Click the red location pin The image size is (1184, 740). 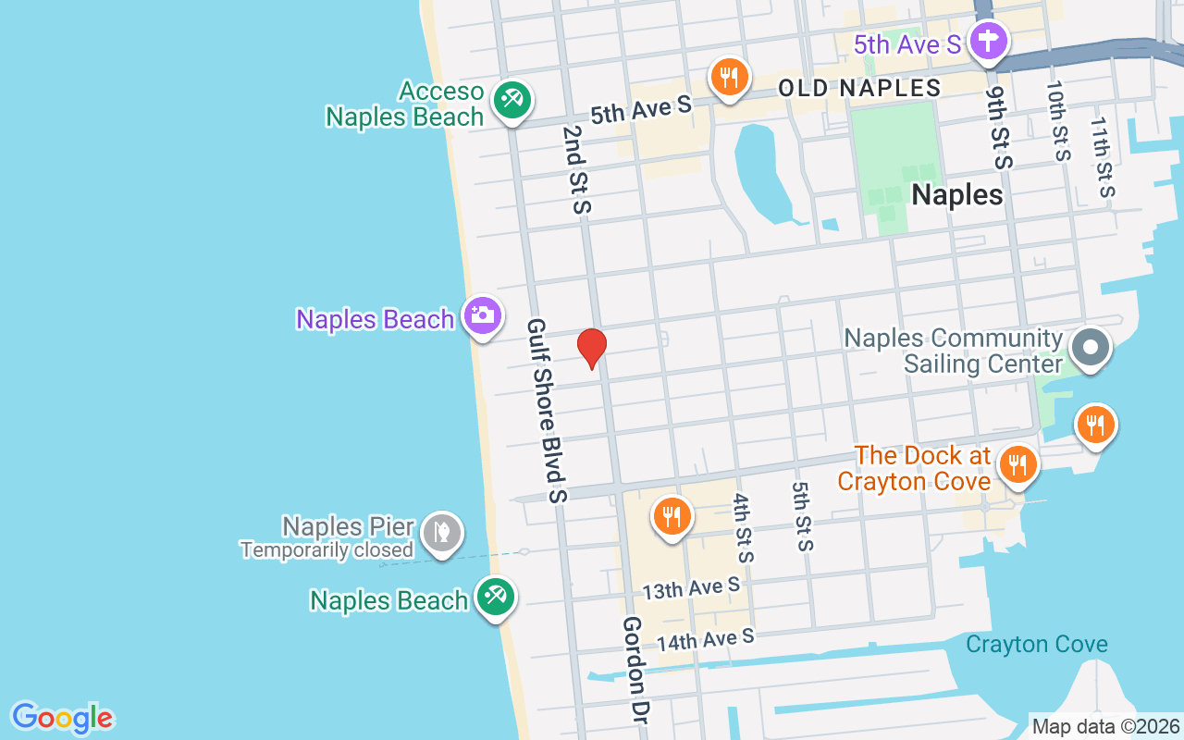point(592,348)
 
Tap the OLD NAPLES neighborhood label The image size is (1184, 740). point(859,89)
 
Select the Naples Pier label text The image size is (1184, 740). point(348,527)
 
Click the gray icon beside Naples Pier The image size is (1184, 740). point(442,533)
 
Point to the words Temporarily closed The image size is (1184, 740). point(327,550)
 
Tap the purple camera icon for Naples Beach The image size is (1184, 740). point(482,315)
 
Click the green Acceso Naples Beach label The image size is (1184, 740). point(405,104)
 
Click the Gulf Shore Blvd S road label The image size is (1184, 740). point(546,411)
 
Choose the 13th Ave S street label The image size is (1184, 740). point(691,588)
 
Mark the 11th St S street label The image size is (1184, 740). point(1102,157)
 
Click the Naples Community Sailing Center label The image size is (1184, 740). point(953,351)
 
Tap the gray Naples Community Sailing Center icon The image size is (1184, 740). point(1091,348)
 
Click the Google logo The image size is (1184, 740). point(62,718)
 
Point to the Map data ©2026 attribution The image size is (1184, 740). point(1106,727)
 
